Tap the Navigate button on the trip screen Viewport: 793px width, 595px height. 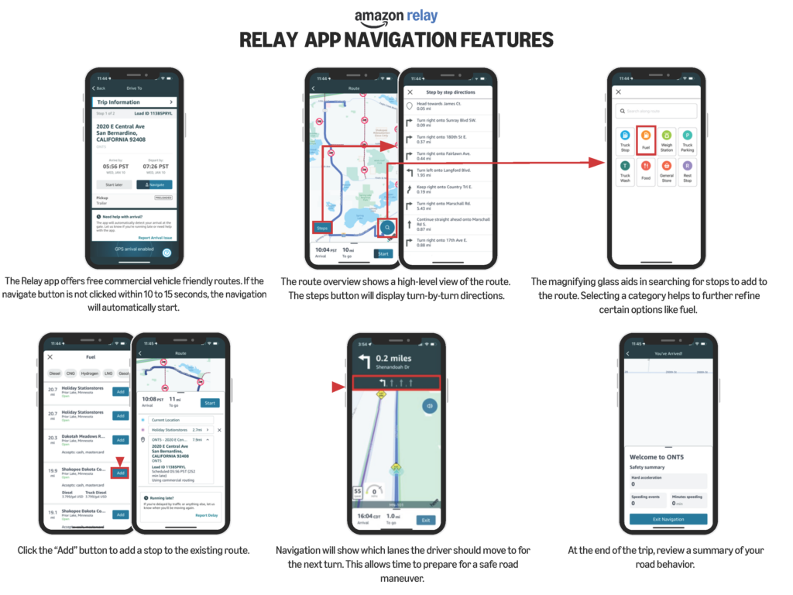[x=154, y=185]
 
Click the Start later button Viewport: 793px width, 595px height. [x=114, y=185]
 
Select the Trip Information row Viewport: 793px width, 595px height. [x=136, y=102]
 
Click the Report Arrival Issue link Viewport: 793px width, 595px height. [x=155, y=237]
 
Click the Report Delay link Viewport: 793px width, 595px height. [x=206, y=514]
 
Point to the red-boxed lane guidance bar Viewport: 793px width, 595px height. [x=396, y=382]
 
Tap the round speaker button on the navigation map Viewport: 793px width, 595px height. [x=427, y=405]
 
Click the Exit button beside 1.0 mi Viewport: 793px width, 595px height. [x=424, y=520]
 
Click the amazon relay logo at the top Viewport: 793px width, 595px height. [x=396, y=16]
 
